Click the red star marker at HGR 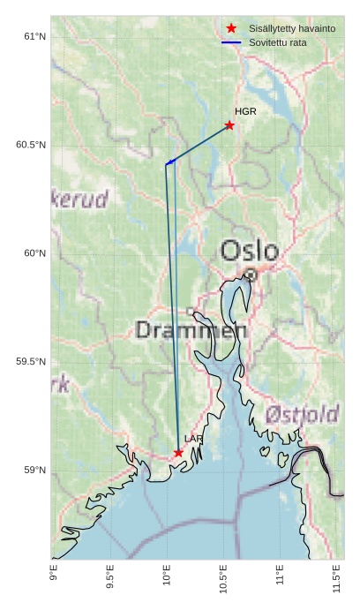pos(229,125)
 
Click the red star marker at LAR pos(178,453)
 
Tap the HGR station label pos(245,111)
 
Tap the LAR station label pos(193,439)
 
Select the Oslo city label pos(249,251)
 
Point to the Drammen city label pos(191,331)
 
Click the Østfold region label pos(302,414)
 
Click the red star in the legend pos(231,28)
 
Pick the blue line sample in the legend pos(231,42)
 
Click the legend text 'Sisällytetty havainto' pos(292,28)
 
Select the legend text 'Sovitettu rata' pos(278,42)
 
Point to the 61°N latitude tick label pos(34,36)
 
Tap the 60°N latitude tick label pos(34,253)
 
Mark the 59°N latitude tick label pos(34,471)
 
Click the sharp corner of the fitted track pos(166,163)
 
